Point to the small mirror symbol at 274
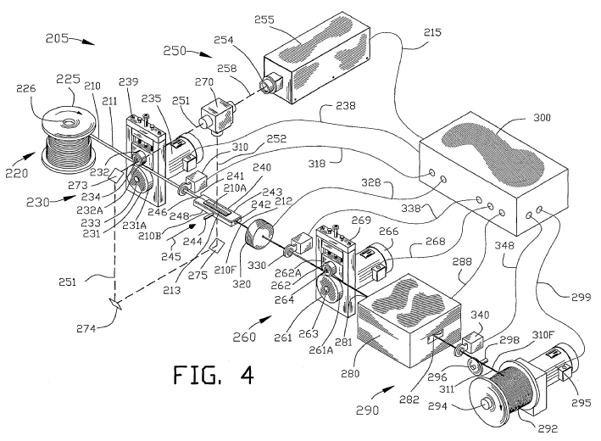(x=114, y=302)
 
